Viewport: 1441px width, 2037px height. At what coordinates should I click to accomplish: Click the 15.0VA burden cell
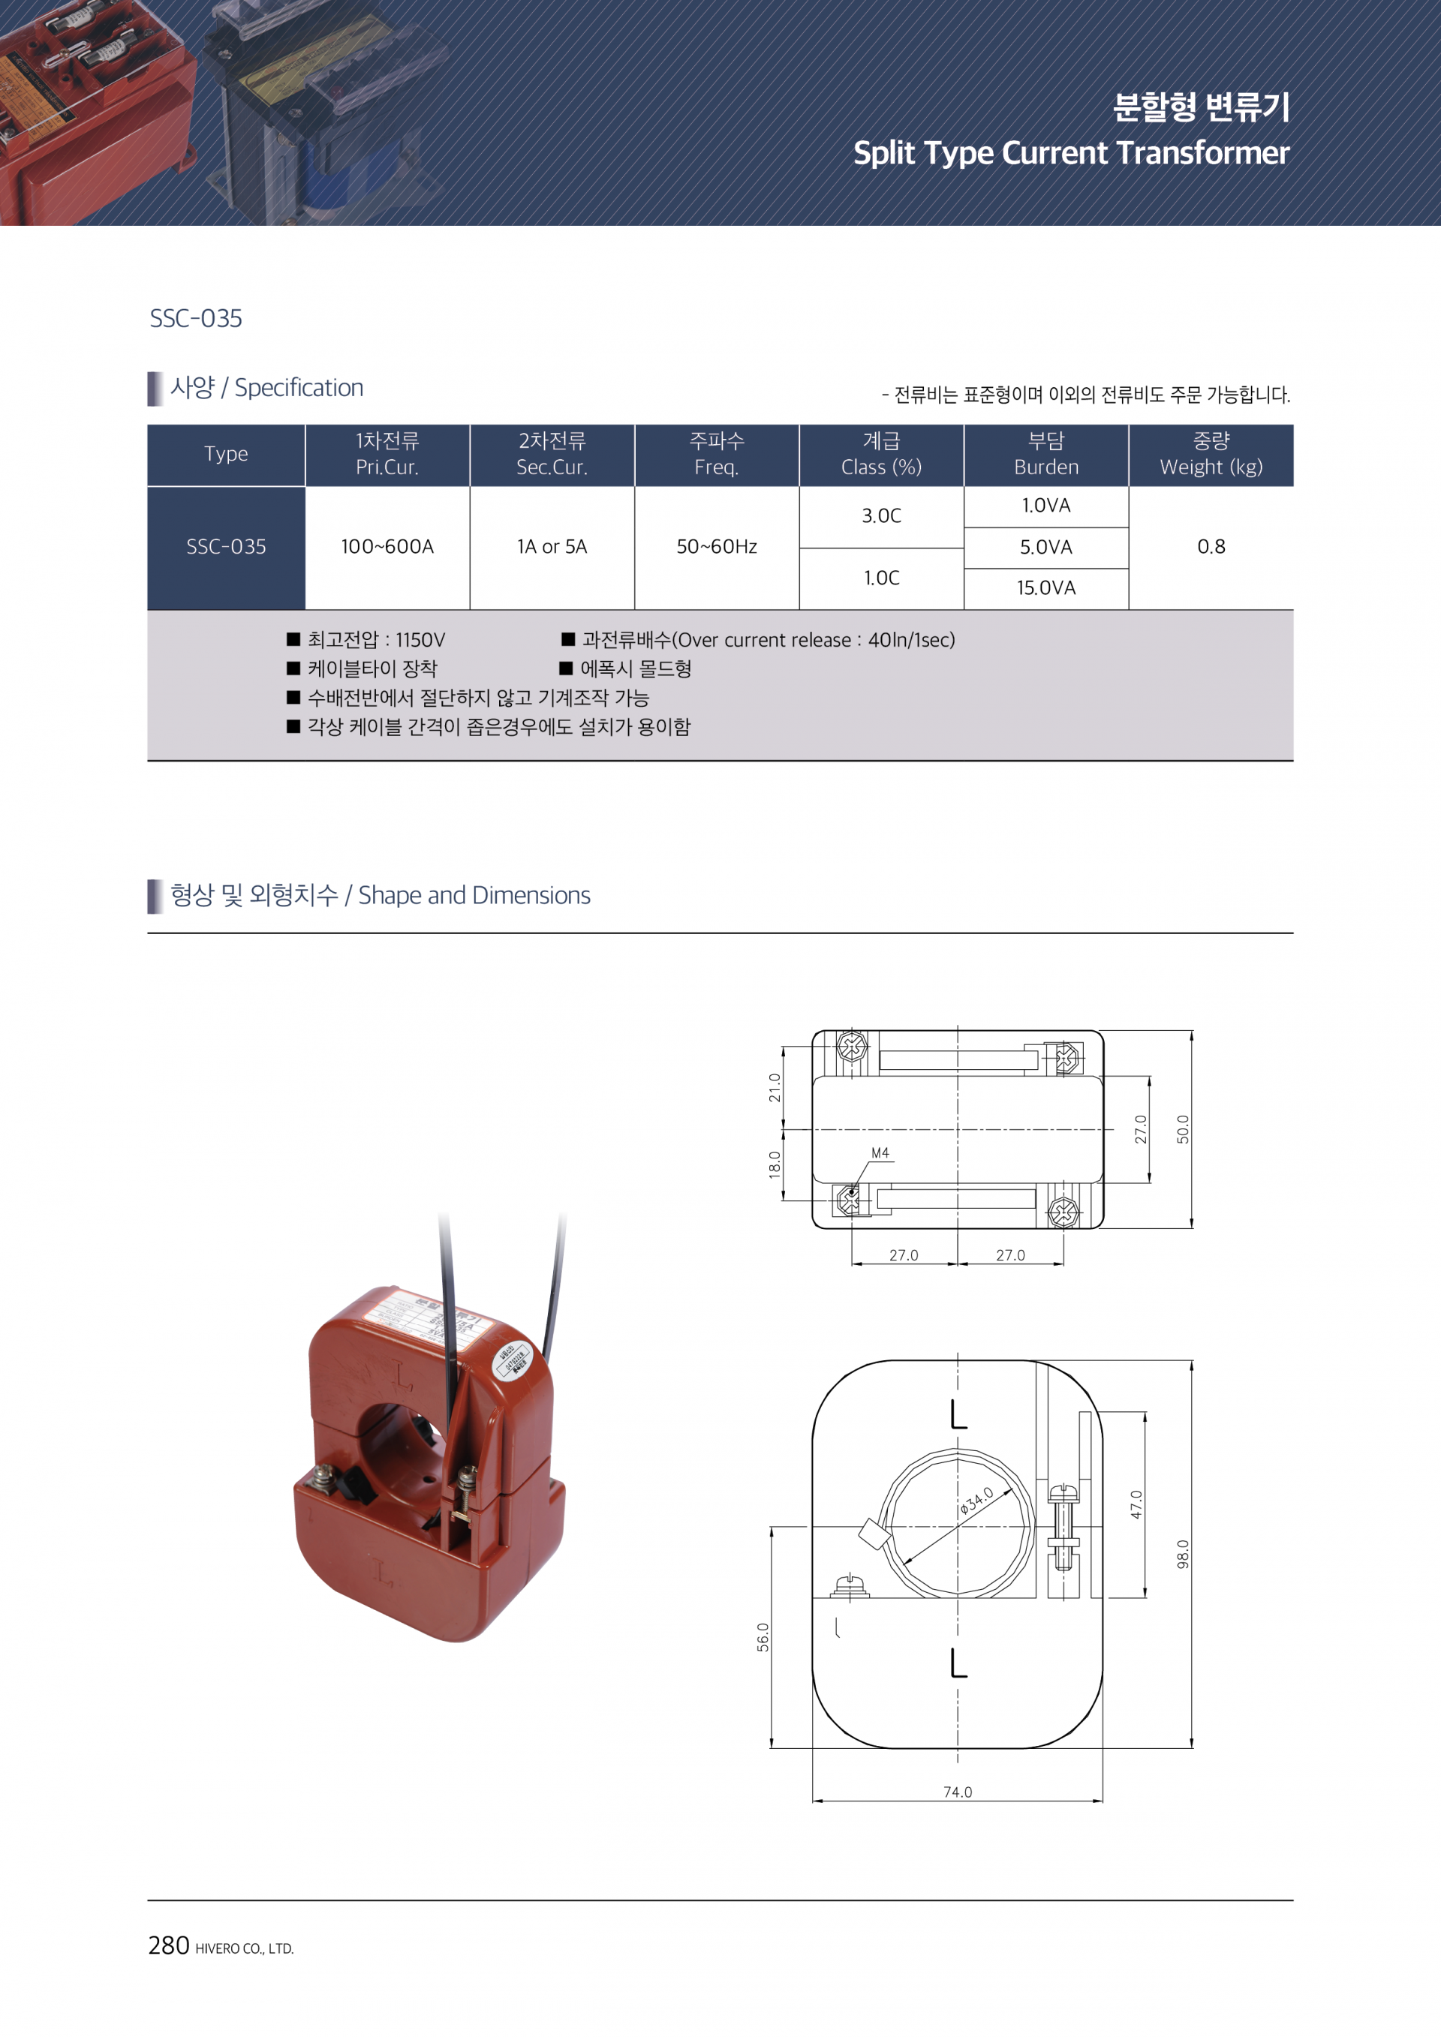coord(1046,588)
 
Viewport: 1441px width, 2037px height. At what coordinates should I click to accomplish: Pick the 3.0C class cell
coord(881,516)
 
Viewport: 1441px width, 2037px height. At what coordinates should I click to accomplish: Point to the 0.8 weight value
coord(1211,546)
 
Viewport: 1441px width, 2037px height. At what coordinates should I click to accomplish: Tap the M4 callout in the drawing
coord(880,1153)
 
